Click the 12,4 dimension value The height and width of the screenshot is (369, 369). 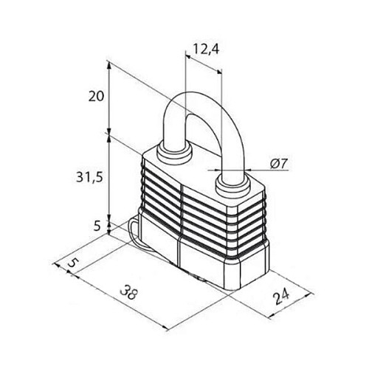pyautogui.click(x=206, y=49)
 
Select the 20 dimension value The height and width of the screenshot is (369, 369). pyautogui.click(x=96, y=97)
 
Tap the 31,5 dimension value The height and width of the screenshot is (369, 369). pyautogui.click(x=89, y=177)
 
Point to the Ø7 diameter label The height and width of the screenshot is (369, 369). pyautogui.click(x=279, y=163)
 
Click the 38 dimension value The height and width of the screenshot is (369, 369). pyautogui.click(x=128, y=292)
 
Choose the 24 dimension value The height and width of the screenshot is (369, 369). pyautogui.click(x=281, y=297)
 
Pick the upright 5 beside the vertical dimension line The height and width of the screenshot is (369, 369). pyautogui.click(x=97, y=225)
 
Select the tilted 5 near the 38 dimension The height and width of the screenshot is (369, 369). pyautogui.click(x=72, y=263)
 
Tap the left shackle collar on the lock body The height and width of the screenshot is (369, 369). pyautogui.click(x=174, y=154)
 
